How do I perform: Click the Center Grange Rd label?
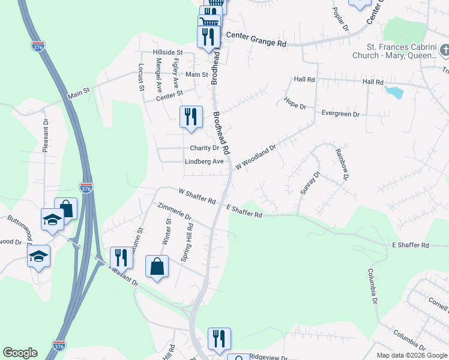[254, 44]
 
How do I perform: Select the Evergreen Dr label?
[340, 113]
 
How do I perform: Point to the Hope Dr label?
[295, 103]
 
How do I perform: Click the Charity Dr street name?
[204, 148]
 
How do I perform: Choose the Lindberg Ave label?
[204, 161]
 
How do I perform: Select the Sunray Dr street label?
[310, 182]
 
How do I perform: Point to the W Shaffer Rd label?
[197, 195]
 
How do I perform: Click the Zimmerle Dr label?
[173, 212]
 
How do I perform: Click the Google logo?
[20, 353]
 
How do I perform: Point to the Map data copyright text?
[412, 355]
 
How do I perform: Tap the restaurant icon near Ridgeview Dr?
[219, 338]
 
